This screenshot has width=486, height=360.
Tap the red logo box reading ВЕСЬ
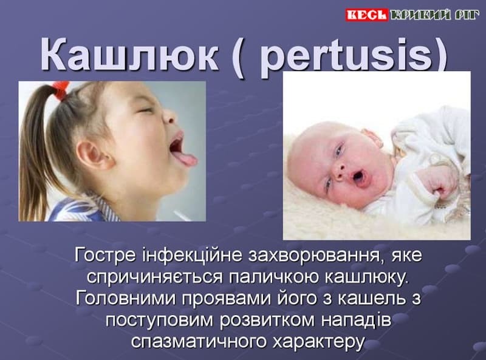[367, 15]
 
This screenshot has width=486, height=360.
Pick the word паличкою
[274, 277]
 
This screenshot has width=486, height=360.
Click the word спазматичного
[199, 341]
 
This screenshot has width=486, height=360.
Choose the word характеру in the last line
[318, 341]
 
